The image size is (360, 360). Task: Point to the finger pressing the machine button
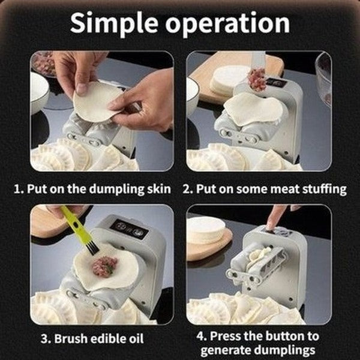click(x=277, y=218)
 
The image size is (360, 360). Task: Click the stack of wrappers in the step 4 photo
click(x=206, y=230)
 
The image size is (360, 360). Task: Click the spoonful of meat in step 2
click(x=257, y=79)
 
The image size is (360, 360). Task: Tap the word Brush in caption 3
click(x=73, y=338)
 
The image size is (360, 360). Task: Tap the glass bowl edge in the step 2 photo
click(x=323, y=78)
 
